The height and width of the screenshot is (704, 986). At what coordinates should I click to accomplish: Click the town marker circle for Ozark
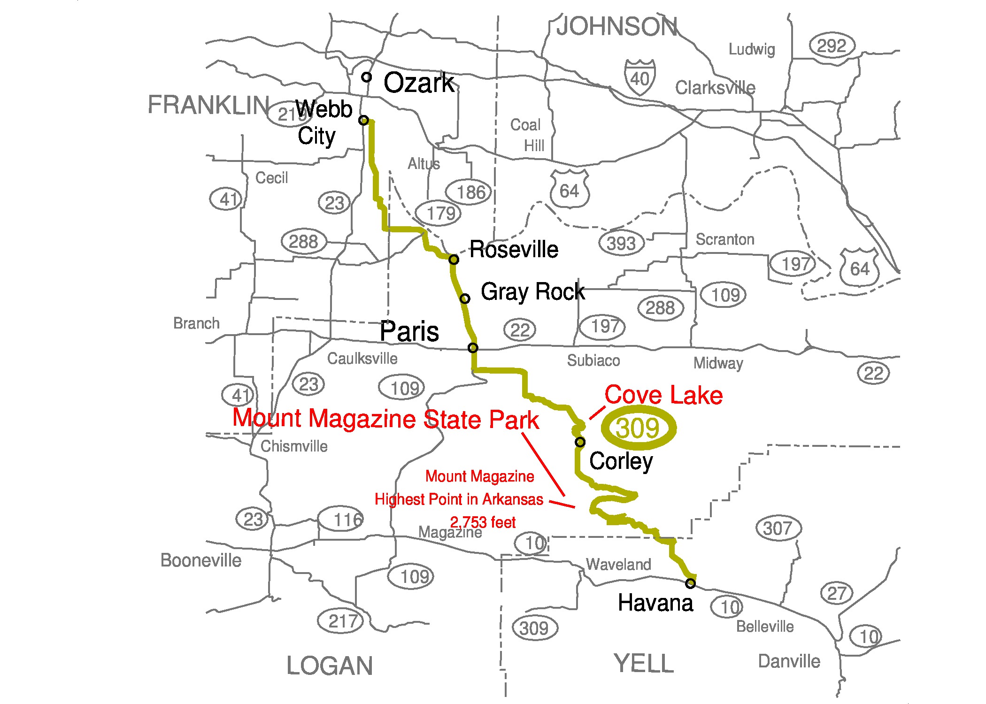[x=367, y=77]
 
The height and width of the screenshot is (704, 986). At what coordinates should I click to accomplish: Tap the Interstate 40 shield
[x=640, y=77]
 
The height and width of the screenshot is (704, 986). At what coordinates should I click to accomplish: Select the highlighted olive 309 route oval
[x=639, y=428]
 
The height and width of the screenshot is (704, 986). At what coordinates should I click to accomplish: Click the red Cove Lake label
[x=663, y=395]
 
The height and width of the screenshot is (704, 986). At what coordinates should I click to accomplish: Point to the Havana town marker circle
[x=690, y=583]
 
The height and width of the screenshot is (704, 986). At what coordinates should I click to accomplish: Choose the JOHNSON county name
[x=617, y=27]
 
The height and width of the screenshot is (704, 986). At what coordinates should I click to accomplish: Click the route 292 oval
[x=832, y=46]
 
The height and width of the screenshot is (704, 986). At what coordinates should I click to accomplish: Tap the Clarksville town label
[x=715, y=88]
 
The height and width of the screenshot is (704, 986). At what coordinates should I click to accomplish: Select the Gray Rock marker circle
[x=465, y=298]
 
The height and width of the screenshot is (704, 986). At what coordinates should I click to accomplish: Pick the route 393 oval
[x=621, y=243]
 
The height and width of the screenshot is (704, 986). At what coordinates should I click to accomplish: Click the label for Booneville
[x=201, y=560]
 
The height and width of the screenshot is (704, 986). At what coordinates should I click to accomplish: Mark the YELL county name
[x=644, y=664]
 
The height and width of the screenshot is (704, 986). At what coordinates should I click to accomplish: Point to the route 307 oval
[x=778, y=528]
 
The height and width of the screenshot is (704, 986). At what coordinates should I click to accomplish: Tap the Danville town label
[x=789, y=661]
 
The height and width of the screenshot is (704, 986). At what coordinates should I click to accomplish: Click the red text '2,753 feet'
[x=483, y=522]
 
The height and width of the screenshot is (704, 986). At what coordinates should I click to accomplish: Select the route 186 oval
[x=470, y=192]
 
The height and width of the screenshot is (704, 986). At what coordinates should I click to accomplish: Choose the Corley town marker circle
[x=580, y=442]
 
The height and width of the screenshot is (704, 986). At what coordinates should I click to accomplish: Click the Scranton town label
[x=725, y=239]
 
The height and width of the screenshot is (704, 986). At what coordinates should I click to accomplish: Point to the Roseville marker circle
[x=454, y=260]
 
